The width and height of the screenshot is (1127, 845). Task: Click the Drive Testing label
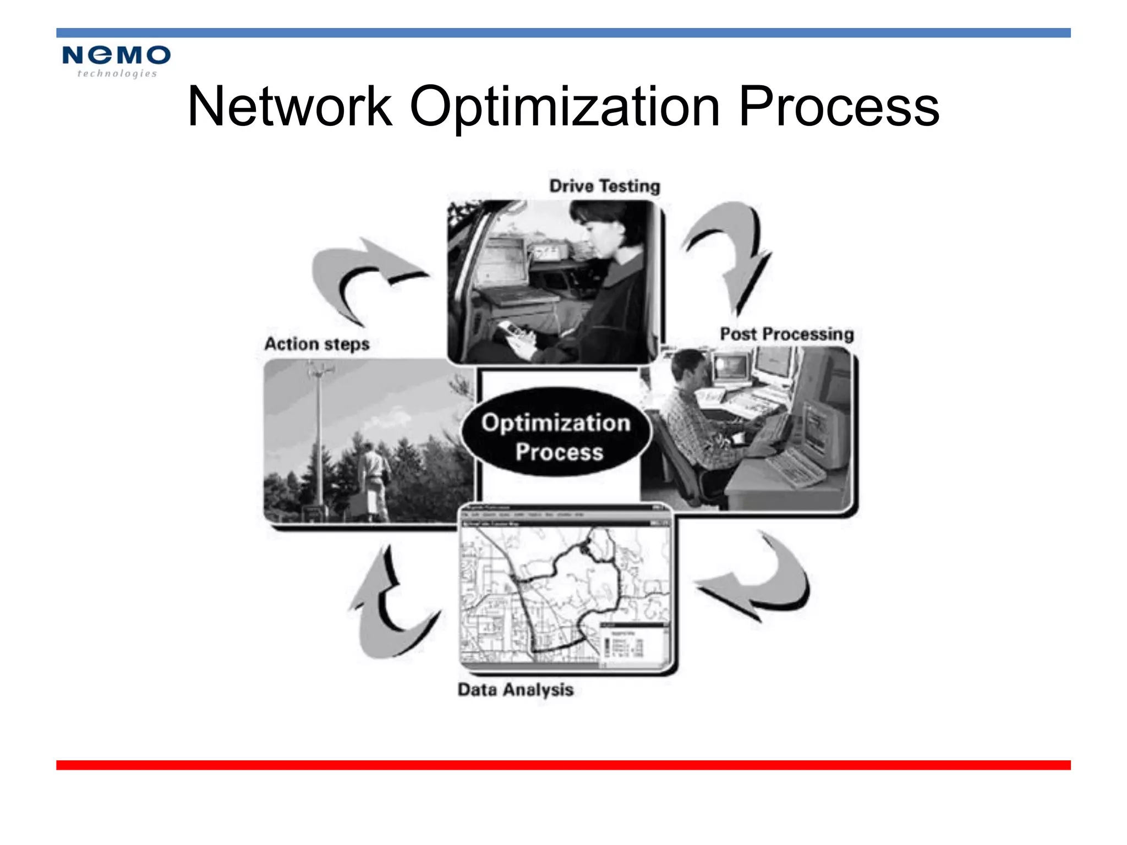604,186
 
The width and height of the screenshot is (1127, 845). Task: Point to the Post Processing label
786,334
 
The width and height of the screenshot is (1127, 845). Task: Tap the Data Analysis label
515,689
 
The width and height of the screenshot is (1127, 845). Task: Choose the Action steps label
317,344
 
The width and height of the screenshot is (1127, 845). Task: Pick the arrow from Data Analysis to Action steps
385,605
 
